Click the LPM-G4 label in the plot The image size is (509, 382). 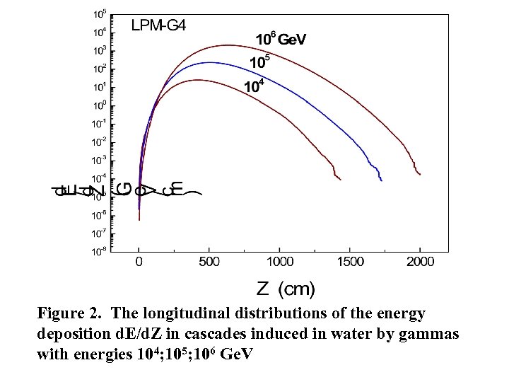click(159, 26)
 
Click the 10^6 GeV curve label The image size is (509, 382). click(281, 40)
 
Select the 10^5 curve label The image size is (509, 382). click(260, 62)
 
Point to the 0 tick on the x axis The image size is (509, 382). click(139, 262)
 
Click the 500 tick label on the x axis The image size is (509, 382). click(209, 262)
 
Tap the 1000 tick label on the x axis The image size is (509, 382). click(279, 262)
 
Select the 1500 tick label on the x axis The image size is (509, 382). click(350, 262)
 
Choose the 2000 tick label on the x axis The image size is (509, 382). click(420, 262)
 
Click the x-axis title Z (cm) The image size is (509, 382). click(286, 289)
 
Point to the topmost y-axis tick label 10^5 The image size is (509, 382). click(100, 14)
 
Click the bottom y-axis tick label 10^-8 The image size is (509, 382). click(98, 250)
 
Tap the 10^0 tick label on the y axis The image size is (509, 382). click(100, 105)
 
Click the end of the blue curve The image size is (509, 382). click(381, 180)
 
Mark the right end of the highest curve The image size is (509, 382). click(421, 174)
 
